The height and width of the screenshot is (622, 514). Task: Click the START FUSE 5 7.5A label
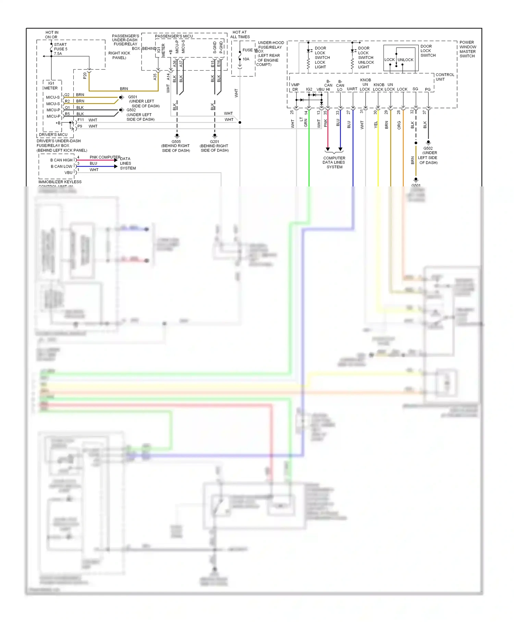tap(61, 49)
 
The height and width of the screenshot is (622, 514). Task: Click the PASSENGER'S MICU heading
tap(174, 36)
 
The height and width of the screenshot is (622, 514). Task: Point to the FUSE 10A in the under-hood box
tap(246, 55)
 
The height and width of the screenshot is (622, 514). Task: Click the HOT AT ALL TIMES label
tap(240, 34)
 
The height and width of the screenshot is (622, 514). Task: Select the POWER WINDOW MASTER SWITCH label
tap(468, 49)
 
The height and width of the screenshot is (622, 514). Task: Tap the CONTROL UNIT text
tap(445, 77)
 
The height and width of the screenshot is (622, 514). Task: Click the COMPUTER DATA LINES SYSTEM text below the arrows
tap(334, 162)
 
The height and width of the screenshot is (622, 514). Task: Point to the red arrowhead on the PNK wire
tap(328, 149)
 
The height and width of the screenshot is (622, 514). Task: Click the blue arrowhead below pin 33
tap(340, 149)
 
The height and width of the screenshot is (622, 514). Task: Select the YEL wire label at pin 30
tap(376, 125)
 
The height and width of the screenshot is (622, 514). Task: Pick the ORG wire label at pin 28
tap(399, 125)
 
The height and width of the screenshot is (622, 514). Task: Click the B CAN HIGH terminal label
tap(62, 160)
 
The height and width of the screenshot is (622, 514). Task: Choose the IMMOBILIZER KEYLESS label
tap(60, 182)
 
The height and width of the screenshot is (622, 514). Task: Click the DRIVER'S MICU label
tap(53, 135)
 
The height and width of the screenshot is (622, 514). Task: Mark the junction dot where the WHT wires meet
tap(240, 122)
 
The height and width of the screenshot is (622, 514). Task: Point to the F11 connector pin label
tap(81, 120)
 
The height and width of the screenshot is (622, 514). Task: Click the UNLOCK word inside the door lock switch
tap(406, 60)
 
